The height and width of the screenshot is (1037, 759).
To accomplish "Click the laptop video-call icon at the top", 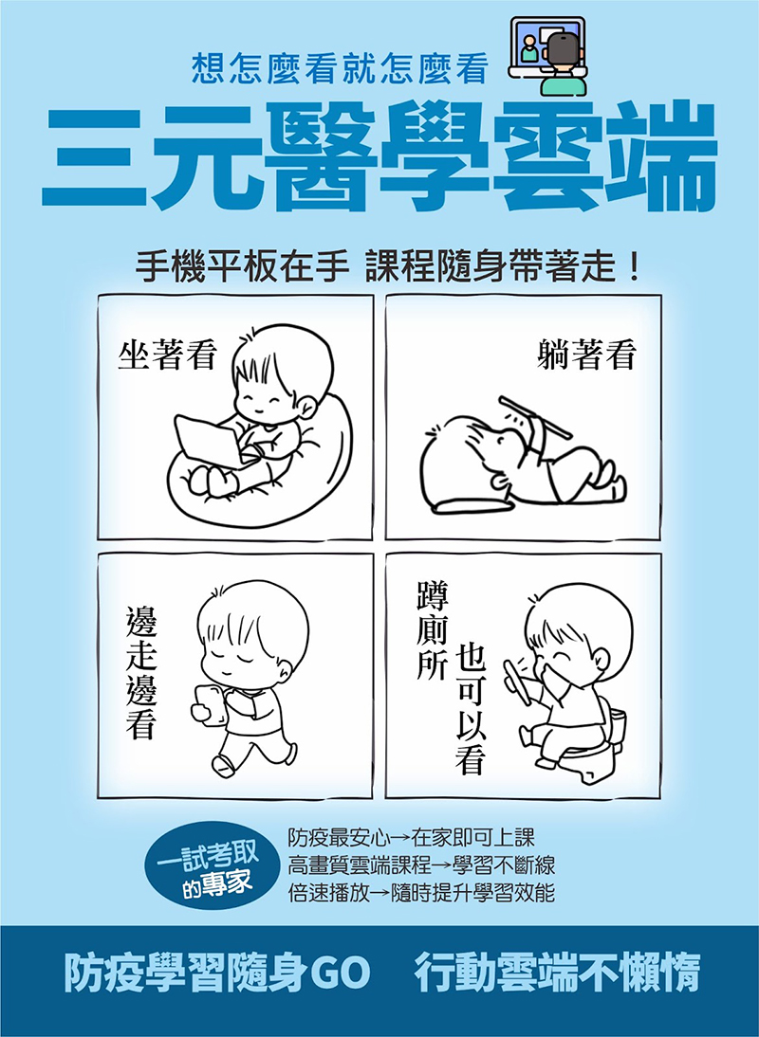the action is click(x=547, y=55).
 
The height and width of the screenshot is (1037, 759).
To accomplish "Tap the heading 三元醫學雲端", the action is click(x=379, y=156).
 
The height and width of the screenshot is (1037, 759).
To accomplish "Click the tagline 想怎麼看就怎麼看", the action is click(x=341, y=69).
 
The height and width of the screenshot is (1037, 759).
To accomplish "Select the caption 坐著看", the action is click(x=167, y=355).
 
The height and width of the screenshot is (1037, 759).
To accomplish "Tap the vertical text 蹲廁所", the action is click(x=432, y=629).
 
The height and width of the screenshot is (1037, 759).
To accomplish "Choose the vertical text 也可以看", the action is click(x=471, y=708).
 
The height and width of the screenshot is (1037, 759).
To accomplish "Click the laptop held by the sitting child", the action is click(x=206, y=441).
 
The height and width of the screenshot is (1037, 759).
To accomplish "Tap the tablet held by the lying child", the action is click(x=535, y=417).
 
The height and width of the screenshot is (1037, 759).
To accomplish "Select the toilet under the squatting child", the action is click(x=596, y=747).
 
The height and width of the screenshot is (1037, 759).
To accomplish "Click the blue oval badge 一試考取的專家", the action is click(x=208, y=864).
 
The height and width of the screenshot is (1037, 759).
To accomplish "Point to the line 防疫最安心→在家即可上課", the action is click(x=411, y=838).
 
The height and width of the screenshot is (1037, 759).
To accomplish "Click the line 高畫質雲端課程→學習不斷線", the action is click(x=421, y=865).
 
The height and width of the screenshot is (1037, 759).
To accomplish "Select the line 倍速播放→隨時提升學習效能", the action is click(x=421, y=893).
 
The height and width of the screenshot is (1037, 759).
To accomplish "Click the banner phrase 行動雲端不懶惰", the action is click(x=557, y=973).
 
